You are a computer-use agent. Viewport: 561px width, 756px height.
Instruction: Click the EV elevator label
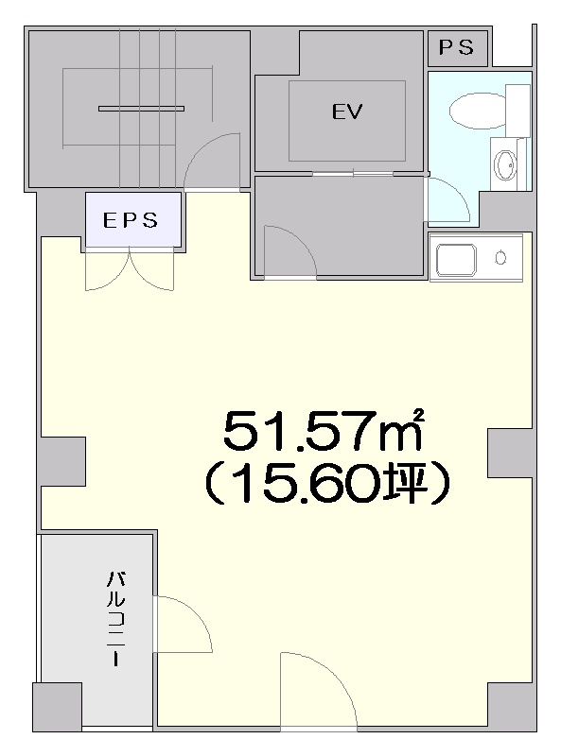(x=346, y=112)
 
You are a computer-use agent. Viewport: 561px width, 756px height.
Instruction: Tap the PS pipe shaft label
(x=456, y=47)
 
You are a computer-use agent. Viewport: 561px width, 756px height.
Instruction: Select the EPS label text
(x=131, y=220)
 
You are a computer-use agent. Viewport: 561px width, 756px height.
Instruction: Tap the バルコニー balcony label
(x=115, y=619)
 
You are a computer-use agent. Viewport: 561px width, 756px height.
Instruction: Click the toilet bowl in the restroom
(x=478, y=112)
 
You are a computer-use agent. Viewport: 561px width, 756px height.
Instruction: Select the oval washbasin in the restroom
(x=505, y=164)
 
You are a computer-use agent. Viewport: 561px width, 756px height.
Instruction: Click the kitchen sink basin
(x=456, y=260)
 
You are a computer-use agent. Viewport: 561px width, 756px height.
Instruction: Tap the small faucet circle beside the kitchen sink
(x=500, y=258)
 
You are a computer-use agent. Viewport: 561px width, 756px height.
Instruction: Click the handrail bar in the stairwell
(x=142, y=109)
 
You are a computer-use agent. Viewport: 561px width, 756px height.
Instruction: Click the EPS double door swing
(x=130, y=270)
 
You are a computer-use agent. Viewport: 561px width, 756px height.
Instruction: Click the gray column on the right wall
(x=510, y=454)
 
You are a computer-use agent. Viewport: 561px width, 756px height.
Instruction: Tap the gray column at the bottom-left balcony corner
(x=57, y=706)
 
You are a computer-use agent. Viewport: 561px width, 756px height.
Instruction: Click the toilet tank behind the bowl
(x=518, y=111)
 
